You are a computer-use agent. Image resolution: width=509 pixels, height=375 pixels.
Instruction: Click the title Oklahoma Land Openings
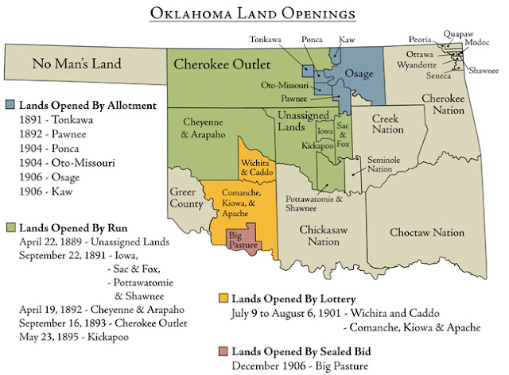pos(254,15)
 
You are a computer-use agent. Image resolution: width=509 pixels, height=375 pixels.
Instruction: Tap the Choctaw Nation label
pos(427,232)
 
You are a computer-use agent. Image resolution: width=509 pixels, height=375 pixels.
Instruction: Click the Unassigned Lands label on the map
pos(304,122)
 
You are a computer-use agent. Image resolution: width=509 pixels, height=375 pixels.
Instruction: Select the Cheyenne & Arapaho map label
pos(204,128)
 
